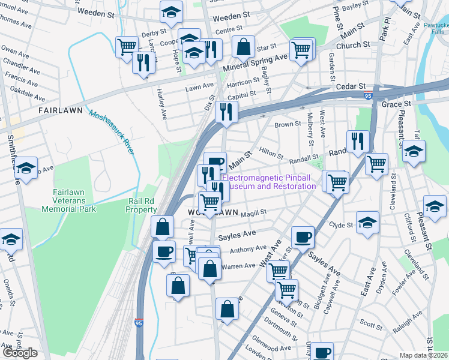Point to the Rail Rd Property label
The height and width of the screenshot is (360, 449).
coord(142,206)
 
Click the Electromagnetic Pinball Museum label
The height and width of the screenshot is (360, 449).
coord(269,182)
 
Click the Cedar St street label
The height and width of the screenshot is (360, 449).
coord(350,86)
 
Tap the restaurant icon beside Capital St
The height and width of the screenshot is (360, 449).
coord(226,111)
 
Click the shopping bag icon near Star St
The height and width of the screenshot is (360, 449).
coord(243,46)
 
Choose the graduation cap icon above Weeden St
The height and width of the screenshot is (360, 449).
coord(171,11)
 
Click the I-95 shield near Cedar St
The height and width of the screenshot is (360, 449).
coord(368,95)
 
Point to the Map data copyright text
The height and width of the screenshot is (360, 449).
coord(423,355)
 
